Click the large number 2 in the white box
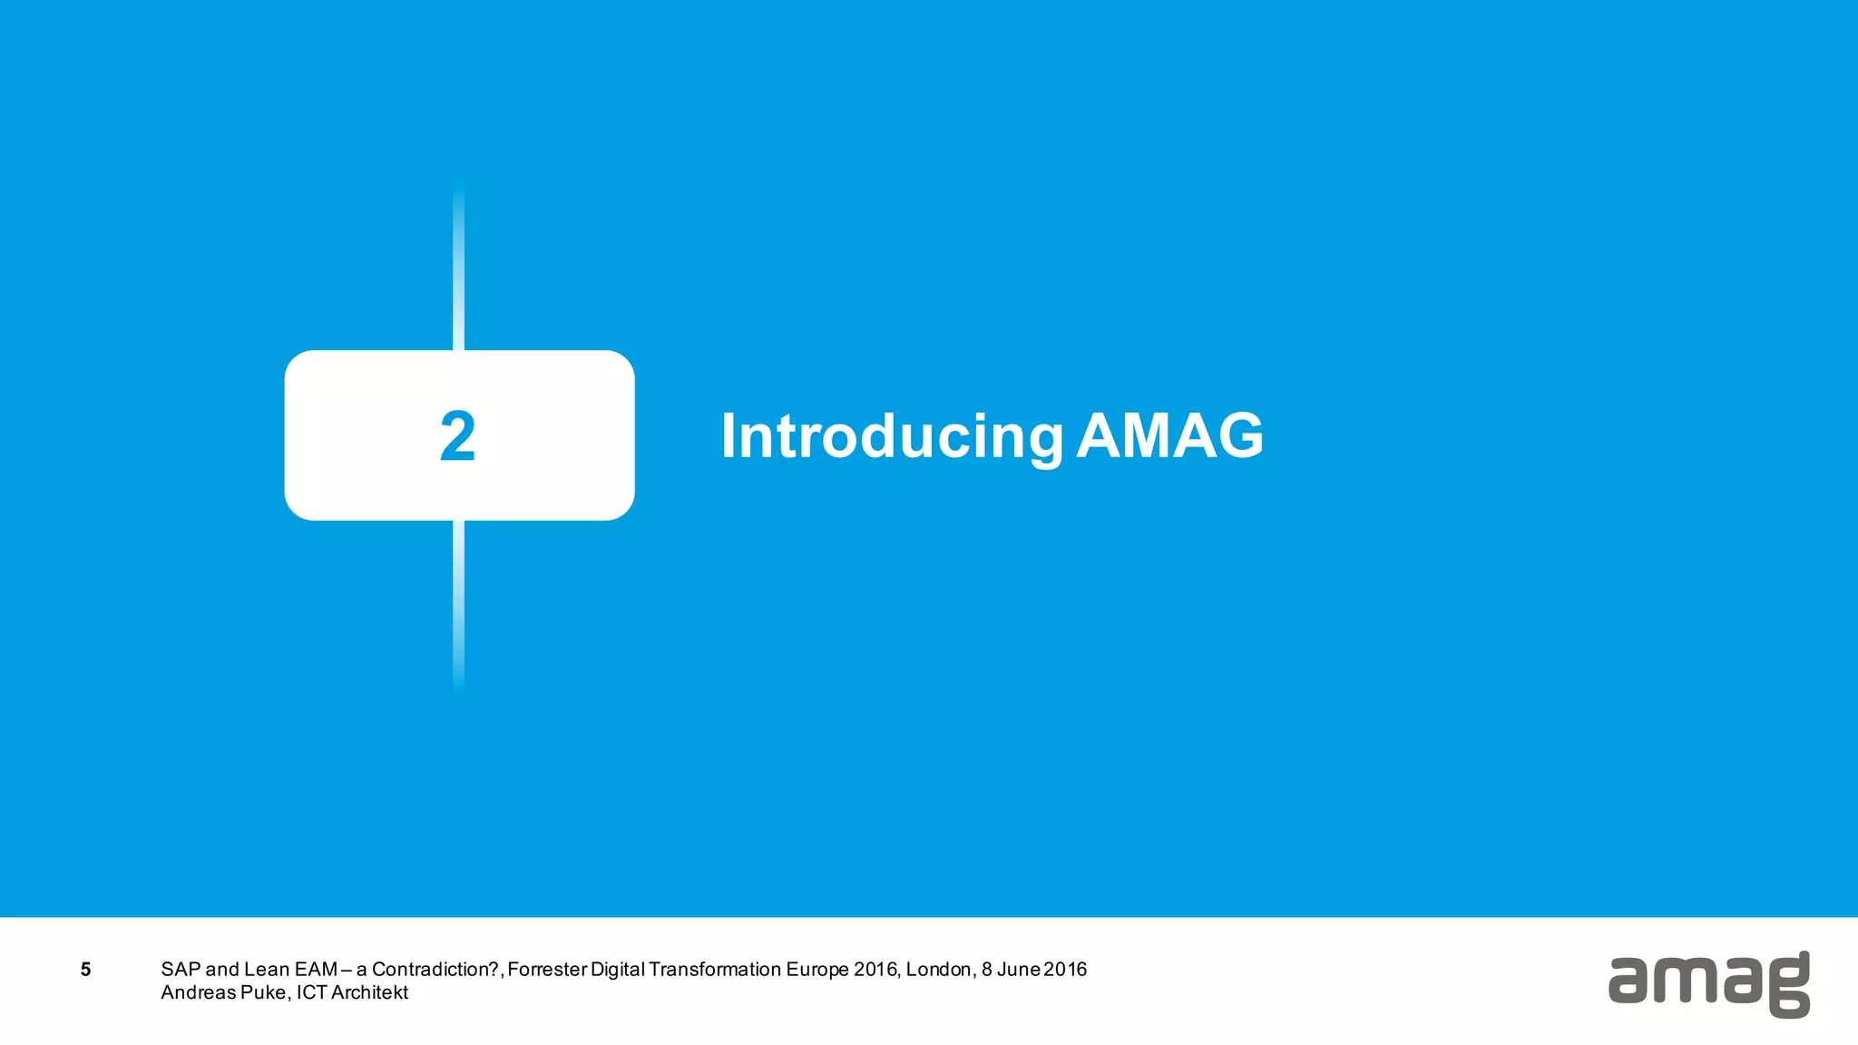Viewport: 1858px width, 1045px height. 457,436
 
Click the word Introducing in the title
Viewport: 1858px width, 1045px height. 892,437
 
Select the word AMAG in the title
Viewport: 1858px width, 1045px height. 1170,436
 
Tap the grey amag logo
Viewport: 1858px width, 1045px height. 1708,984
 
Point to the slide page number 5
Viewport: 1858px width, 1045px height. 85,970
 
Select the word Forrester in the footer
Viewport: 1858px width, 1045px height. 547,970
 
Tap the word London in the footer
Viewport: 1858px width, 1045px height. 940,970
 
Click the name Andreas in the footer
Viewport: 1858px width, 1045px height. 198,992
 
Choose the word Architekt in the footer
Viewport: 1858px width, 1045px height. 369,992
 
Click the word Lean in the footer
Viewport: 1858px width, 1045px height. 267,970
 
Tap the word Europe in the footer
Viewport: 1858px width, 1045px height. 817,970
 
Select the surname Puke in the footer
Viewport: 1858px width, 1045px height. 263,992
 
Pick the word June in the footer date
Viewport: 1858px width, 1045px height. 1019,970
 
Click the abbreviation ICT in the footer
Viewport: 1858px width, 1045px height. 311,992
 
